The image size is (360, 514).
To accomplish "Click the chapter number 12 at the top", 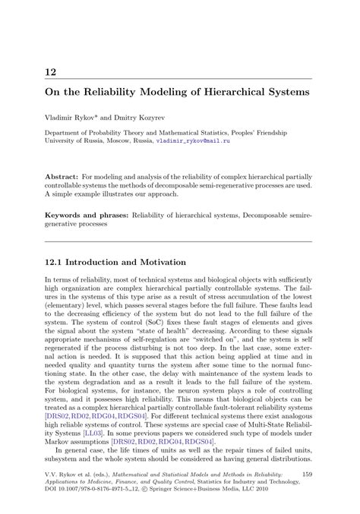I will pyautogui.click(x=51, y=72).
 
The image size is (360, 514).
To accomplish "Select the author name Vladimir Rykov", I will pyautogui.click(x=74, y=118).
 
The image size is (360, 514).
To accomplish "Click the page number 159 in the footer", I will pyautogui.click(x=307, y=475).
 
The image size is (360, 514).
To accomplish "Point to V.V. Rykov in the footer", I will pyautogui.click(x=64, y=475).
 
